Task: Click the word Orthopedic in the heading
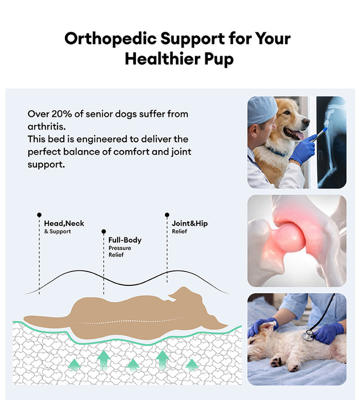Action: point(110,39)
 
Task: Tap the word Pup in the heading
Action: point(219,59)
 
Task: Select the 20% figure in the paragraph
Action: point(61,114)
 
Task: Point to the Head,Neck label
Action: point(64,224)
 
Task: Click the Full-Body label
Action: point(125,240)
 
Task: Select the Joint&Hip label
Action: point(190,224)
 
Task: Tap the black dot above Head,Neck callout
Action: point(39,215)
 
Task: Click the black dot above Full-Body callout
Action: point(103,231)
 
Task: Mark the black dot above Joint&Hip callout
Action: point(167,215)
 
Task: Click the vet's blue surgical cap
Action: point(261,110)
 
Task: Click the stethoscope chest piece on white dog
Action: point(308,335)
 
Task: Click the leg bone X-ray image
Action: point(331,142)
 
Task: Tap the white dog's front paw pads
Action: point(276,362)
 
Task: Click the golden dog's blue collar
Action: point(276,152)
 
